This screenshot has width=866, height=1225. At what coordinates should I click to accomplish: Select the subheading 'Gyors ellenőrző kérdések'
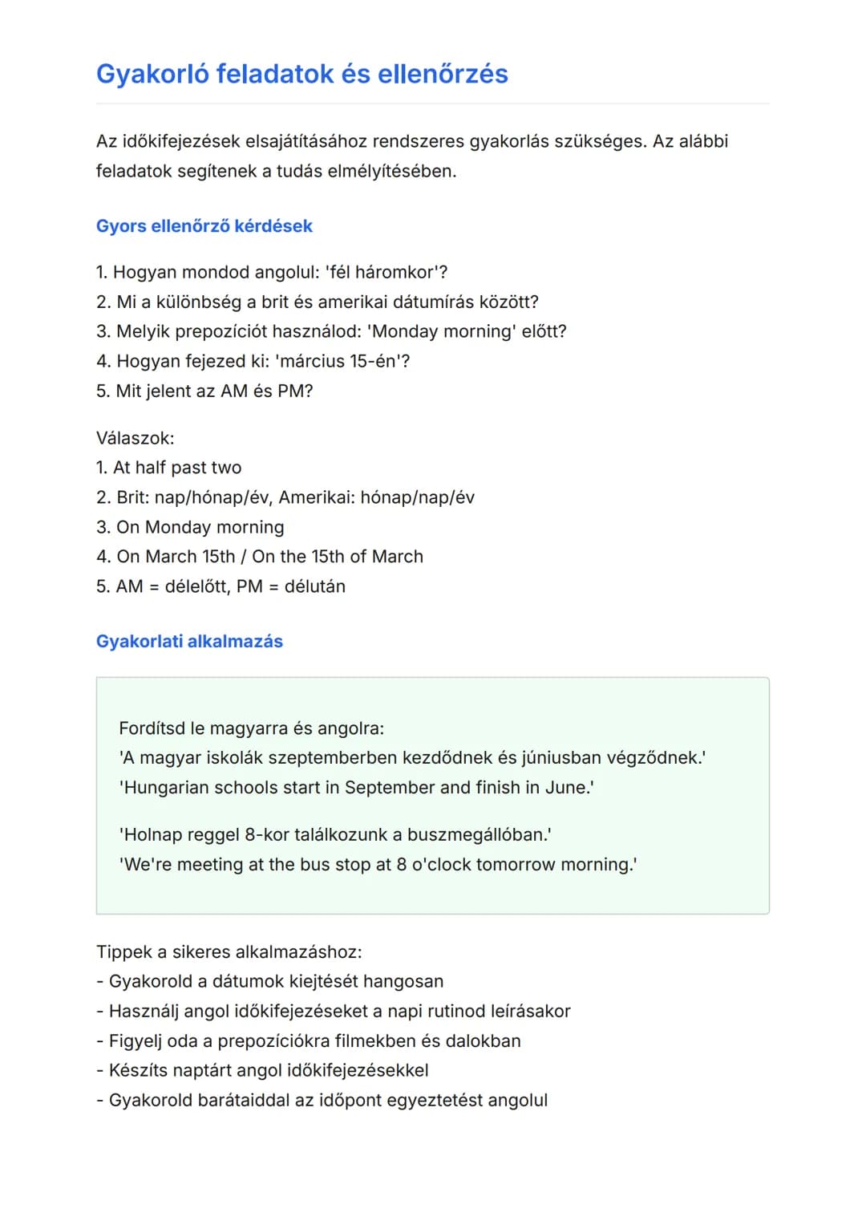point(204,226)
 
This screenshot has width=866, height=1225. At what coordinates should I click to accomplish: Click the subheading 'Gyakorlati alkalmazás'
point(189,641)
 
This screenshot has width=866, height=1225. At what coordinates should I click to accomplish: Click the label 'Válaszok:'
point(135,438)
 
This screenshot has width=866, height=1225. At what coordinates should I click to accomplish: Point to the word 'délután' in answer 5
point(314,586)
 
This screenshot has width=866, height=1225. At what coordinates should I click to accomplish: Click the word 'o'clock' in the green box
point(441,864)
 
